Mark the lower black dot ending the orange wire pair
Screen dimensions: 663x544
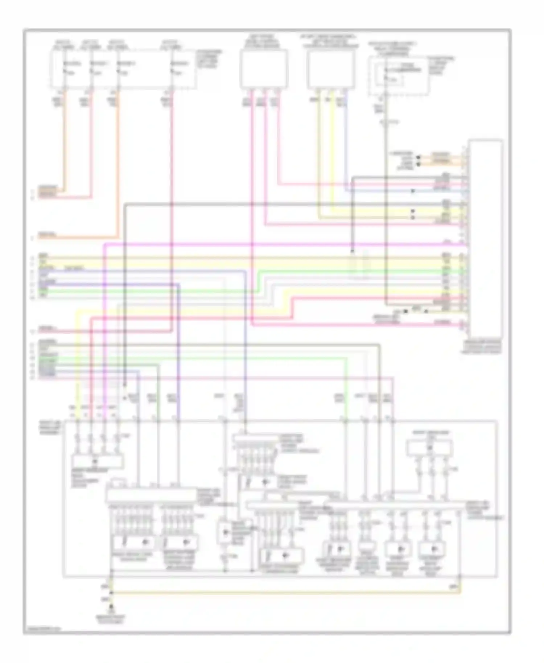[418, 164]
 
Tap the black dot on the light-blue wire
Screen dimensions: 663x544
[412, 191]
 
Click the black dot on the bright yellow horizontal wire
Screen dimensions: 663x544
[412, 211]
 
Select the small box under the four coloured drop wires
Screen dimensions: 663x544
[97, 462]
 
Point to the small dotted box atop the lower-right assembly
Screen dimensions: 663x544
[429, 448]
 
